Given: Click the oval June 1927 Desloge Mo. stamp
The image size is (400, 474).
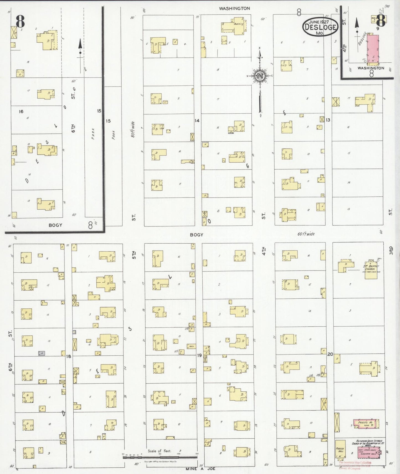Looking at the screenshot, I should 320,27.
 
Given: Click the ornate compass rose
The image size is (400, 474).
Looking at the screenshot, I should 260,76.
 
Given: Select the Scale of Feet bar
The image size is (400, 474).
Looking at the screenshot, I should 160,457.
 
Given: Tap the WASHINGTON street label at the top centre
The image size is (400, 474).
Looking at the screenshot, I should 234,9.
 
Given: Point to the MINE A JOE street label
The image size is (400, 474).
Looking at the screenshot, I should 200,469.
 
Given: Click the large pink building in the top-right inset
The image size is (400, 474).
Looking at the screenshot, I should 373,49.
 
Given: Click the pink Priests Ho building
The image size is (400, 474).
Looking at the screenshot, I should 366,424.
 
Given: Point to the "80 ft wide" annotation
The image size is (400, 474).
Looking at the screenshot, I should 133,129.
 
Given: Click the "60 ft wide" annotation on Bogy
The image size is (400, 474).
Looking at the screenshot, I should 306,234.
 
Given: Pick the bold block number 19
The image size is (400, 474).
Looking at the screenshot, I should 199,355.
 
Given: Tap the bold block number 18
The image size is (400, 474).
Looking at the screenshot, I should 68,356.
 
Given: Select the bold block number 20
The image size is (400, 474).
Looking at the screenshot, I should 330,354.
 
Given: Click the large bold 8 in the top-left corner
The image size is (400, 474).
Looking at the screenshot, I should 20,21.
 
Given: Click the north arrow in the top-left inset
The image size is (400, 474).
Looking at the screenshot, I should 80,48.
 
